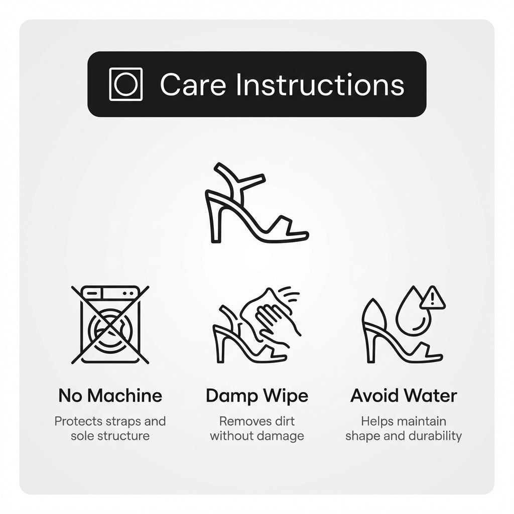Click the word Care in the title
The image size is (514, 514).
coord(193,84)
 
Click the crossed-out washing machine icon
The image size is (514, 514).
coord(110,325)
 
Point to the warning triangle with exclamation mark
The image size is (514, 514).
coord(433,298)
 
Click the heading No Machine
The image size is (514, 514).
coord(110,396)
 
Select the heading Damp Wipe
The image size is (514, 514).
coord(257,397)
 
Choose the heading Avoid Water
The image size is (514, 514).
coord(404,396)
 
